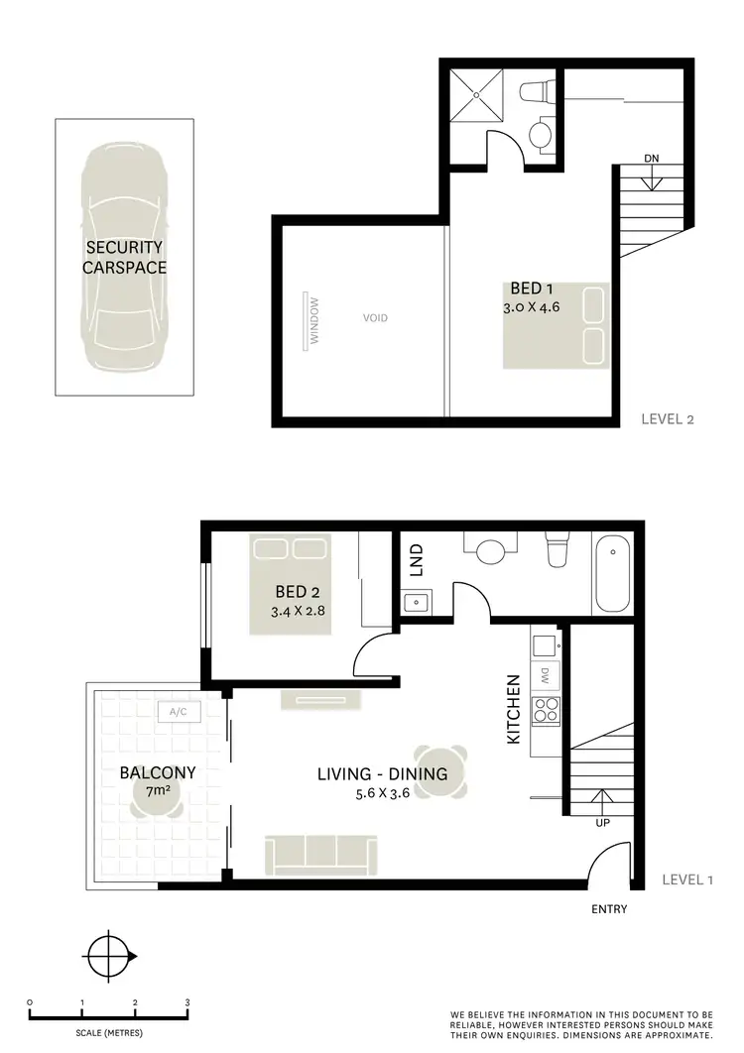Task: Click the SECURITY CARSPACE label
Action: tap(124, 257)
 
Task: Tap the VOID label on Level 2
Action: tap(374, 318)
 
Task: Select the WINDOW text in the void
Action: tap(314, 321)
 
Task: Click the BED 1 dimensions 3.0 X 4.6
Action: tap(533, 307)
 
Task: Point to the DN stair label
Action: tap(652, 158)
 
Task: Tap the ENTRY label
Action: tap(608, 909)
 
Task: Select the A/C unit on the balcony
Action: tap(180, 711)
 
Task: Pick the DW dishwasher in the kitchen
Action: tap(546, 675)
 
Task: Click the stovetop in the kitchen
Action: tap(546, 708)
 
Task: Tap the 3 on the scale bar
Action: tap(187, 1002)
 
